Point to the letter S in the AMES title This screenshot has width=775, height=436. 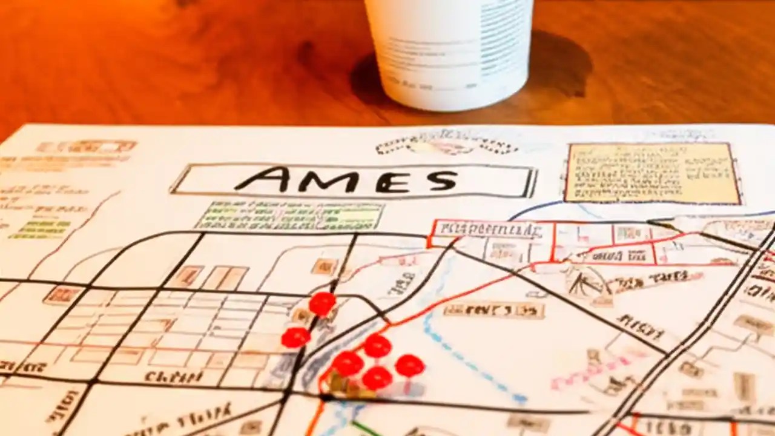437,180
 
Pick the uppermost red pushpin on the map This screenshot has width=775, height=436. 322,303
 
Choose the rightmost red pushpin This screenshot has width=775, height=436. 409,365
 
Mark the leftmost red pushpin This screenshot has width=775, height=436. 295,337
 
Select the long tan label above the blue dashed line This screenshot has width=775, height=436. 493,311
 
